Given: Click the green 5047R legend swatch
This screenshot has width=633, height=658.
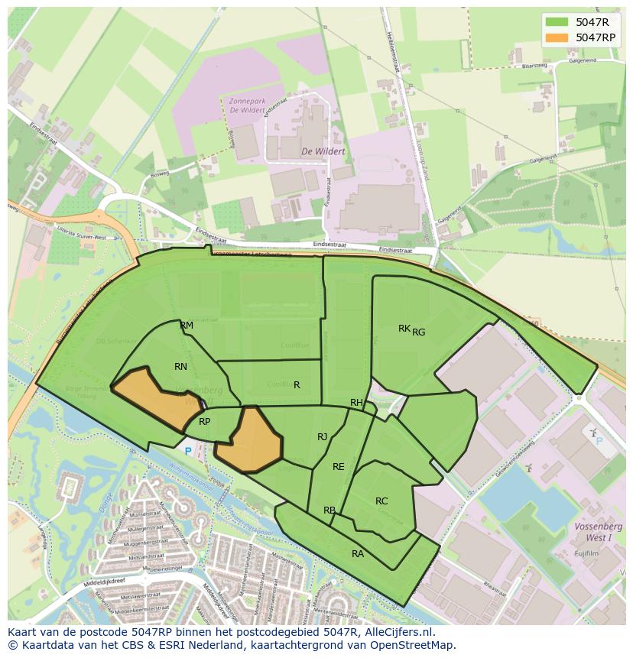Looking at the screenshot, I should point(557,21).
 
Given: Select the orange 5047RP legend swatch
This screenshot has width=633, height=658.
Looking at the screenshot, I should point(557,37).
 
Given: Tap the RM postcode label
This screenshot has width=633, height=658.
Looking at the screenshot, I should point(187,326).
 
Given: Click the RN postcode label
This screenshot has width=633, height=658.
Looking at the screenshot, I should point(180,367).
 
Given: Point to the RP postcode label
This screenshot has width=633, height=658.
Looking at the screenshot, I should point(204,422).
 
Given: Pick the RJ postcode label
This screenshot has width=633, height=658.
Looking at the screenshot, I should point(323,437).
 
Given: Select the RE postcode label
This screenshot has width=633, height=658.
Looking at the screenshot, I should point(338,467).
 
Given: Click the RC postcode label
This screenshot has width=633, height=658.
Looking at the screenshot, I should point(381,501).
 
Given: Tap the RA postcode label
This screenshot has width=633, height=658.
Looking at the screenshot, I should point(357,554).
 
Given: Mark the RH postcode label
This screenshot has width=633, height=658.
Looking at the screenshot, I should point(356,403).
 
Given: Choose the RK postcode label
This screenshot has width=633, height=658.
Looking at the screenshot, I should point(404,329).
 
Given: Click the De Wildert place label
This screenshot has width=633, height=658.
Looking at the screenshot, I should point(323,151).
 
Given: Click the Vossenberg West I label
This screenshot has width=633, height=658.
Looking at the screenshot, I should point(599,532).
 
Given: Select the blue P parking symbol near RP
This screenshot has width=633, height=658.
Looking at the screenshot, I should point(188,452).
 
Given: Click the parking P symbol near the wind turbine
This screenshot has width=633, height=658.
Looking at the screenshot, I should point(598,440).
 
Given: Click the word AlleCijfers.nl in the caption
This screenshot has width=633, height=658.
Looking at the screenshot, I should point(398,632).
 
